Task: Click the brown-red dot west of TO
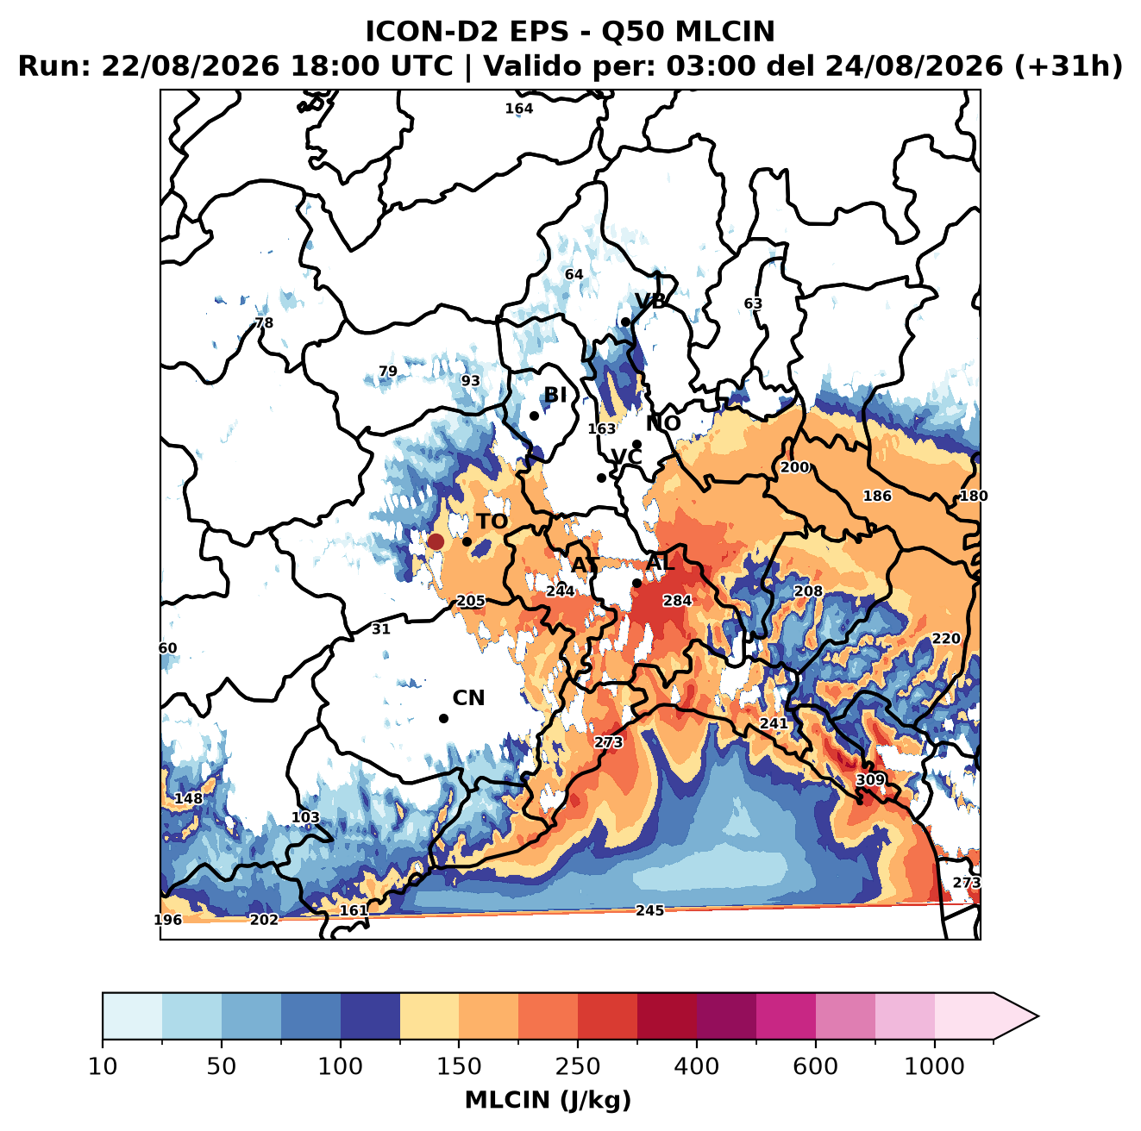[x=436, y=541]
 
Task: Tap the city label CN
[x=468, y=698]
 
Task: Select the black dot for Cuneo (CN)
[x=443, y=718]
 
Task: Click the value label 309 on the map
[x=870, y=779]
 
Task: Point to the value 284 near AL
[x=677, y=601]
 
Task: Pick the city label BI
[x=555, y=395]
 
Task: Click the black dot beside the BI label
[x=534, y=416]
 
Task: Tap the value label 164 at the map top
[x=518, y=109]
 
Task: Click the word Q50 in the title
[x=633, y=32]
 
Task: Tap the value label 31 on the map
[x=380, y=629]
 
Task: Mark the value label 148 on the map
[x=188, y=799]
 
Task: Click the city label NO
[x=662, y=423]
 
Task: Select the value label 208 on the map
[x=808, y=591]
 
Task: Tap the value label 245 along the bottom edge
[x=649, y=910]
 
